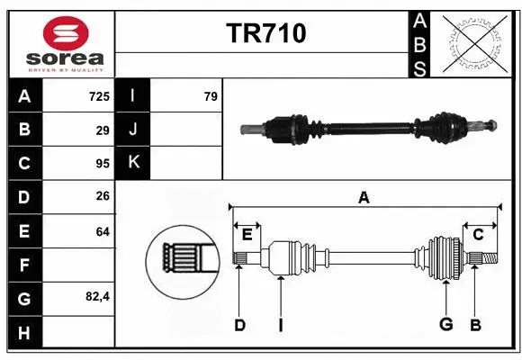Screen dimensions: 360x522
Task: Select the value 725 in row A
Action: (x=98, y=96)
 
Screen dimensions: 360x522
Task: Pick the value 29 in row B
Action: (x=102, y=130)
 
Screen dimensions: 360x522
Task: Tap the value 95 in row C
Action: (x=102, y=164)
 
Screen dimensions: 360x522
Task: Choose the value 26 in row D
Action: (x=102, y=197)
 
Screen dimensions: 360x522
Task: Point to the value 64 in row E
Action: (x=102, y=231)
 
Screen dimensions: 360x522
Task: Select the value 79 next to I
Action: (x=211, y=96)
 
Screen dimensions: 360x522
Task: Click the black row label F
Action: (x=23, y=265)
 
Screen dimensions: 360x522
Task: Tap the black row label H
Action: (x=23, y=333)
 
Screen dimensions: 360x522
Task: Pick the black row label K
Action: (x=133, y=164)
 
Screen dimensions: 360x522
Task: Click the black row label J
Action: (x=133, y=130)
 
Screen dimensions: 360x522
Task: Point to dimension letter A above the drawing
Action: (x=364, y=197)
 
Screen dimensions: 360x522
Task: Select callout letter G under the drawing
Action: (x=445, y=325)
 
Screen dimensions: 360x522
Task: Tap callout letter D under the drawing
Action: (x=239, y=325)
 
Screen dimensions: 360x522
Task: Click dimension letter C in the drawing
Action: (x=478, y=235)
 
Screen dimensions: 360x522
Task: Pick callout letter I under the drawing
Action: (x=280, y=325)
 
